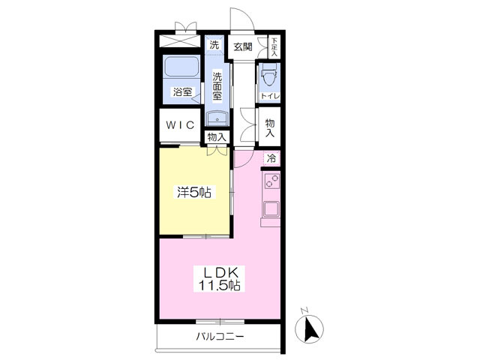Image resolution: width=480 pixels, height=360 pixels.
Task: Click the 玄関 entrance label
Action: tap(243, 47)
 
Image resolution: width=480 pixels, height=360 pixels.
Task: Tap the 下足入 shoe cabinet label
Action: tap(274, 46)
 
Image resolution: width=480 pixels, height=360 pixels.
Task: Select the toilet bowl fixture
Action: tap(269, 75)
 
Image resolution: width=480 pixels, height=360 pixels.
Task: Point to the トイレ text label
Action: tap(270, 96)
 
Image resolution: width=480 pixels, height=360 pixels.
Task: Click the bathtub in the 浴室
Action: tap(181, 67)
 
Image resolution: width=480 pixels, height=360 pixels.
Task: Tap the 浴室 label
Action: tap(183, 91)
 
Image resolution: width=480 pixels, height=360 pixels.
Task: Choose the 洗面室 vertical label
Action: tap(217, 86)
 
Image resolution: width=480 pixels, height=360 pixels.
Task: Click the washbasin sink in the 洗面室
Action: tap(217, 118)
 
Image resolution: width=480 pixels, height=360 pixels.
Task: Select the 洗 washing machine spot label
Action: tap(214, 45)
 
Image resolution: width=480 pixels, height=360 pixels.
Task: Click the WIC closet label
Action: tap(180, 125)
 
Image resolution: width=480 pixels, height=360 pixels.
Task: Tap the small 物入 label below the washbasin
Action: tap(217, 136)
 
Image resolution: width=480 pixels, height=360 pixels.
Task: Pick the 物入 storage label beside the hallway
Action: tap(270, 128)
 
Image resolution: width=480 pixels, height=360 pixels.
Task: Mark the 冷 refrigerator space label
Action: tap(271, 158)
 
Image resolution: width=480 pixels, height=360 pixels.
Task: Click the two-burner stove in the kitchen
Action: tap(271, 180)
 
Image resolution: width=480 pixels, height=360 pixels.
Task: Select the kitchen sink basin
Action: tap(271, 209)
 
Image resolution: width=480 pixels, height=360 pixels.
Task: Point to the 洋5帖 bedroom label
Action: tap(194, 192)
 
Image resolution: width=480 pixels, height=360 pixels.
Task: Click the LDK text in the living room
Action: tap(220, 271)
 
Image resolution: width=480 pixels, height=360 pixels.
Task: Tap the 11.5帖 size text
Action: tap(220, 286)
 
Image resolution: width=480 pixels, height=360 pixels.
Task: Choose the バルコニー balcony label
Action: tap(220, 337)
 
